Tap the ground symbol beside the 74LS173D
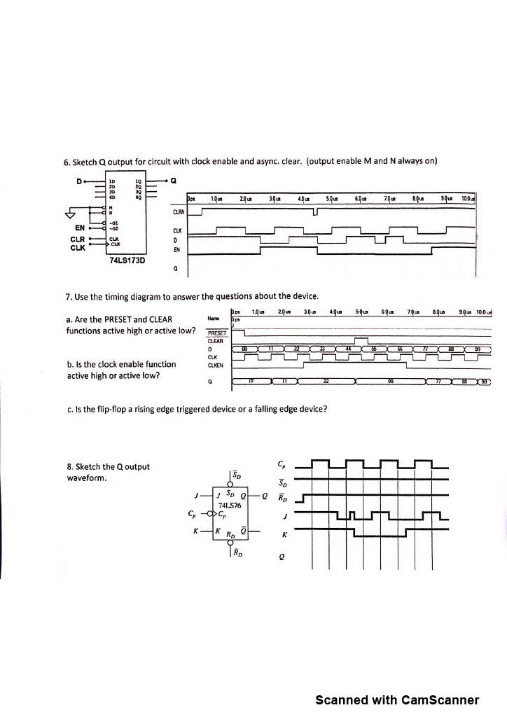click(x=69, y=214)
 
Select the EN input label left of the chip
click(x=79, y=227)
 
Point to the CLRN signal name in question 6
click(x=178, y=211)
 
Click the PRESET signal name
click(x=217, y=333)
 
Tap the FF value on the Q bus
click(x=251, y=382)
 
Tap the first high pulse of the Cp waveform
click(x=319, y=463)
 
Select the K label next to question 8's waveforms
click(x=283, y=534)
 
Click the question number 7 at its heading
click(x=67, y=296)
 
